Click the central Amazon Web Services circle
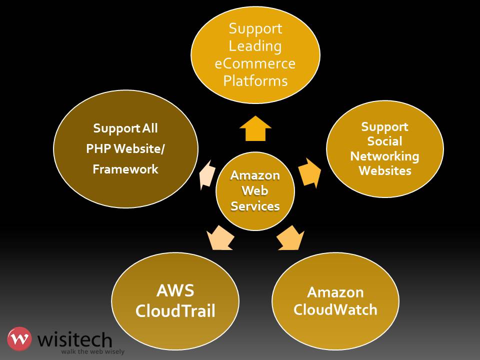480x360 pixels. click(255, 191)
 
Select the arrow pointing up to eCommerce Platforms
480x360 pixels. click(255, 129)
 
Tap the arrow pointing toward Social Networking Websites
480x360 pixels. click(310, 173)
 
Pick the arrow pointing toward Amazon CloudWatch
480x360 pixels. click(291, 237)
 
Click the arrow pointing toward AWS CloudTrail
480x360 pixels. click(220, 237)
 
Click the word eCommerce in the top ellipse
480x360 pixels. click(255, 63)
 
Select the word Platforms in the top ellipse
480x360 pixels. click(255, 80)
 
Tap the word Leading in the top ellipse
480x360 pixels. click(255, 46)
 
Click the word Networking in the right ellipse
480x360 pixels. click(384, 156)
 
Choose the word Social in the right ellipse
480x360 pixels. click(384, 141)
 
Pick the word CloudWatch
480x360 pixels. click(335, 309)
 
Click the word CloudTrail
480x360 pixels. click(175, 311)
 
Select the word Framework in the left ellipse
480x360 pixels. click(125, 169)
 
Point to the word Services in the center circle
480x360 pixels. click(255, 205)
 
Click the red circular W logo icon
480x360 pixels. click(19, 339)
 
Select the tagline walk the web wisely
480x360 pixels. click(92, 351)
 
